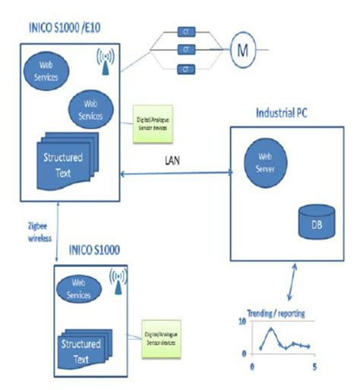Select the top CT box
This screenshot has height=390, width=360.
185,32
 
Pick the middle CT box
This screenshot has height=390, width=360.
185,50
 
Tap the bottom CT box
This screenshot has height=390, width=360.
185,69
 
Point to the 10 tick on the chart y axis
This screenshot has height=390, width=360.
243,322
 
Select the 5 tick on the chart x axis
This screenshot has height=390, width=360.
313,367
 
